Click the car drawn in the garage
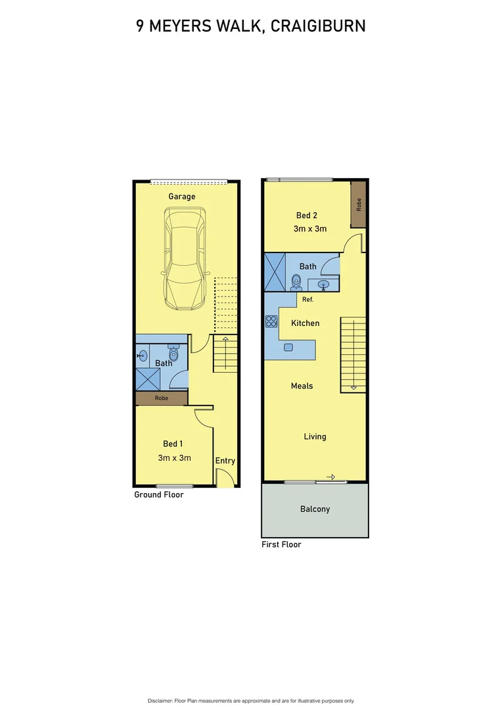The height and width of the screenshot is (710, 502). pyautogui.click(x=185, y=259)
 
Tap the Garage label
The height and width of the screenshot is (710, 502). pyautogui.click(x=182, y=197)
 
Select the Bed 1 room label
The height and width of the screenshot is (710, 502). pyautogui.click(x=173, y=444)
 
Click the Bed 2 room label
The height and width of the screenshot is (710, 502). pyautogui.click(x=307, y=216)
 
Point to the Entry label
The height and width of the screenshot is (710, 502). pyautogui.click(x=225, y=461)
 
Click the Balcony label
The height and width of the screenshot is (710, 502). pyautogui.click(x=315, y=509)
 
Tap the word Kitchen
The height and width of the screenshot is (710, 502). pyautogui.click(x=306, y=323)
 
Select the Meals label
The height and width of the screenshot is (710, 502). pyautogui.click(x=302, y=386)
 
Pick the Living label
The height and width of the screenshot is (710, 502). pyautogui.click(x=315, y=437)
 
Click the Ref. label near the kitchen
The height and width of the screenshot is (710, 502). pyautogui.click(x=308, y=299)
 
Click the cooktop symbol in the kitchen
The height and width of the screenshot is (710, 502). pyautogui.click(x=271, y=321)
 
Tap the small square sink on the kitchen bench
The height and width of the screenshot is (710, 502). pyautogui.click(x=288, y=346)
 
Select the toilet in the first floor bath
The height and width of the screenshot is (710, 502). pyautogui.click(x=296, y=282)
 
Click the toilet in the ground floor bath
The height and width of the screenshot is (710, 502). pyautogui.click(x=173, y=352)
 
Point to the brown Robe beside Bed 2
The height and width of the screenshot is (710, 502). pyautogui.click(x=358, y=204)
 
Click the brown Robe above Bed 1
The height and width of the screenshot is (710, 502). pyautogui.click(x=162, y=398)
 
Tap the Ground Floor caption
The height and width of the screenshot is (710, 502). pyautogui.click(x=159, y=494)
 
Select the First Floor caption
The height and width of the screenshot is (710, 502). pyautogui.click(x=281, y=544)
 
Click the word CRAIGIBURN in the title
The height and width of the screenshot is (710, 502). pyautogui.click(x=318, y=26)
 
